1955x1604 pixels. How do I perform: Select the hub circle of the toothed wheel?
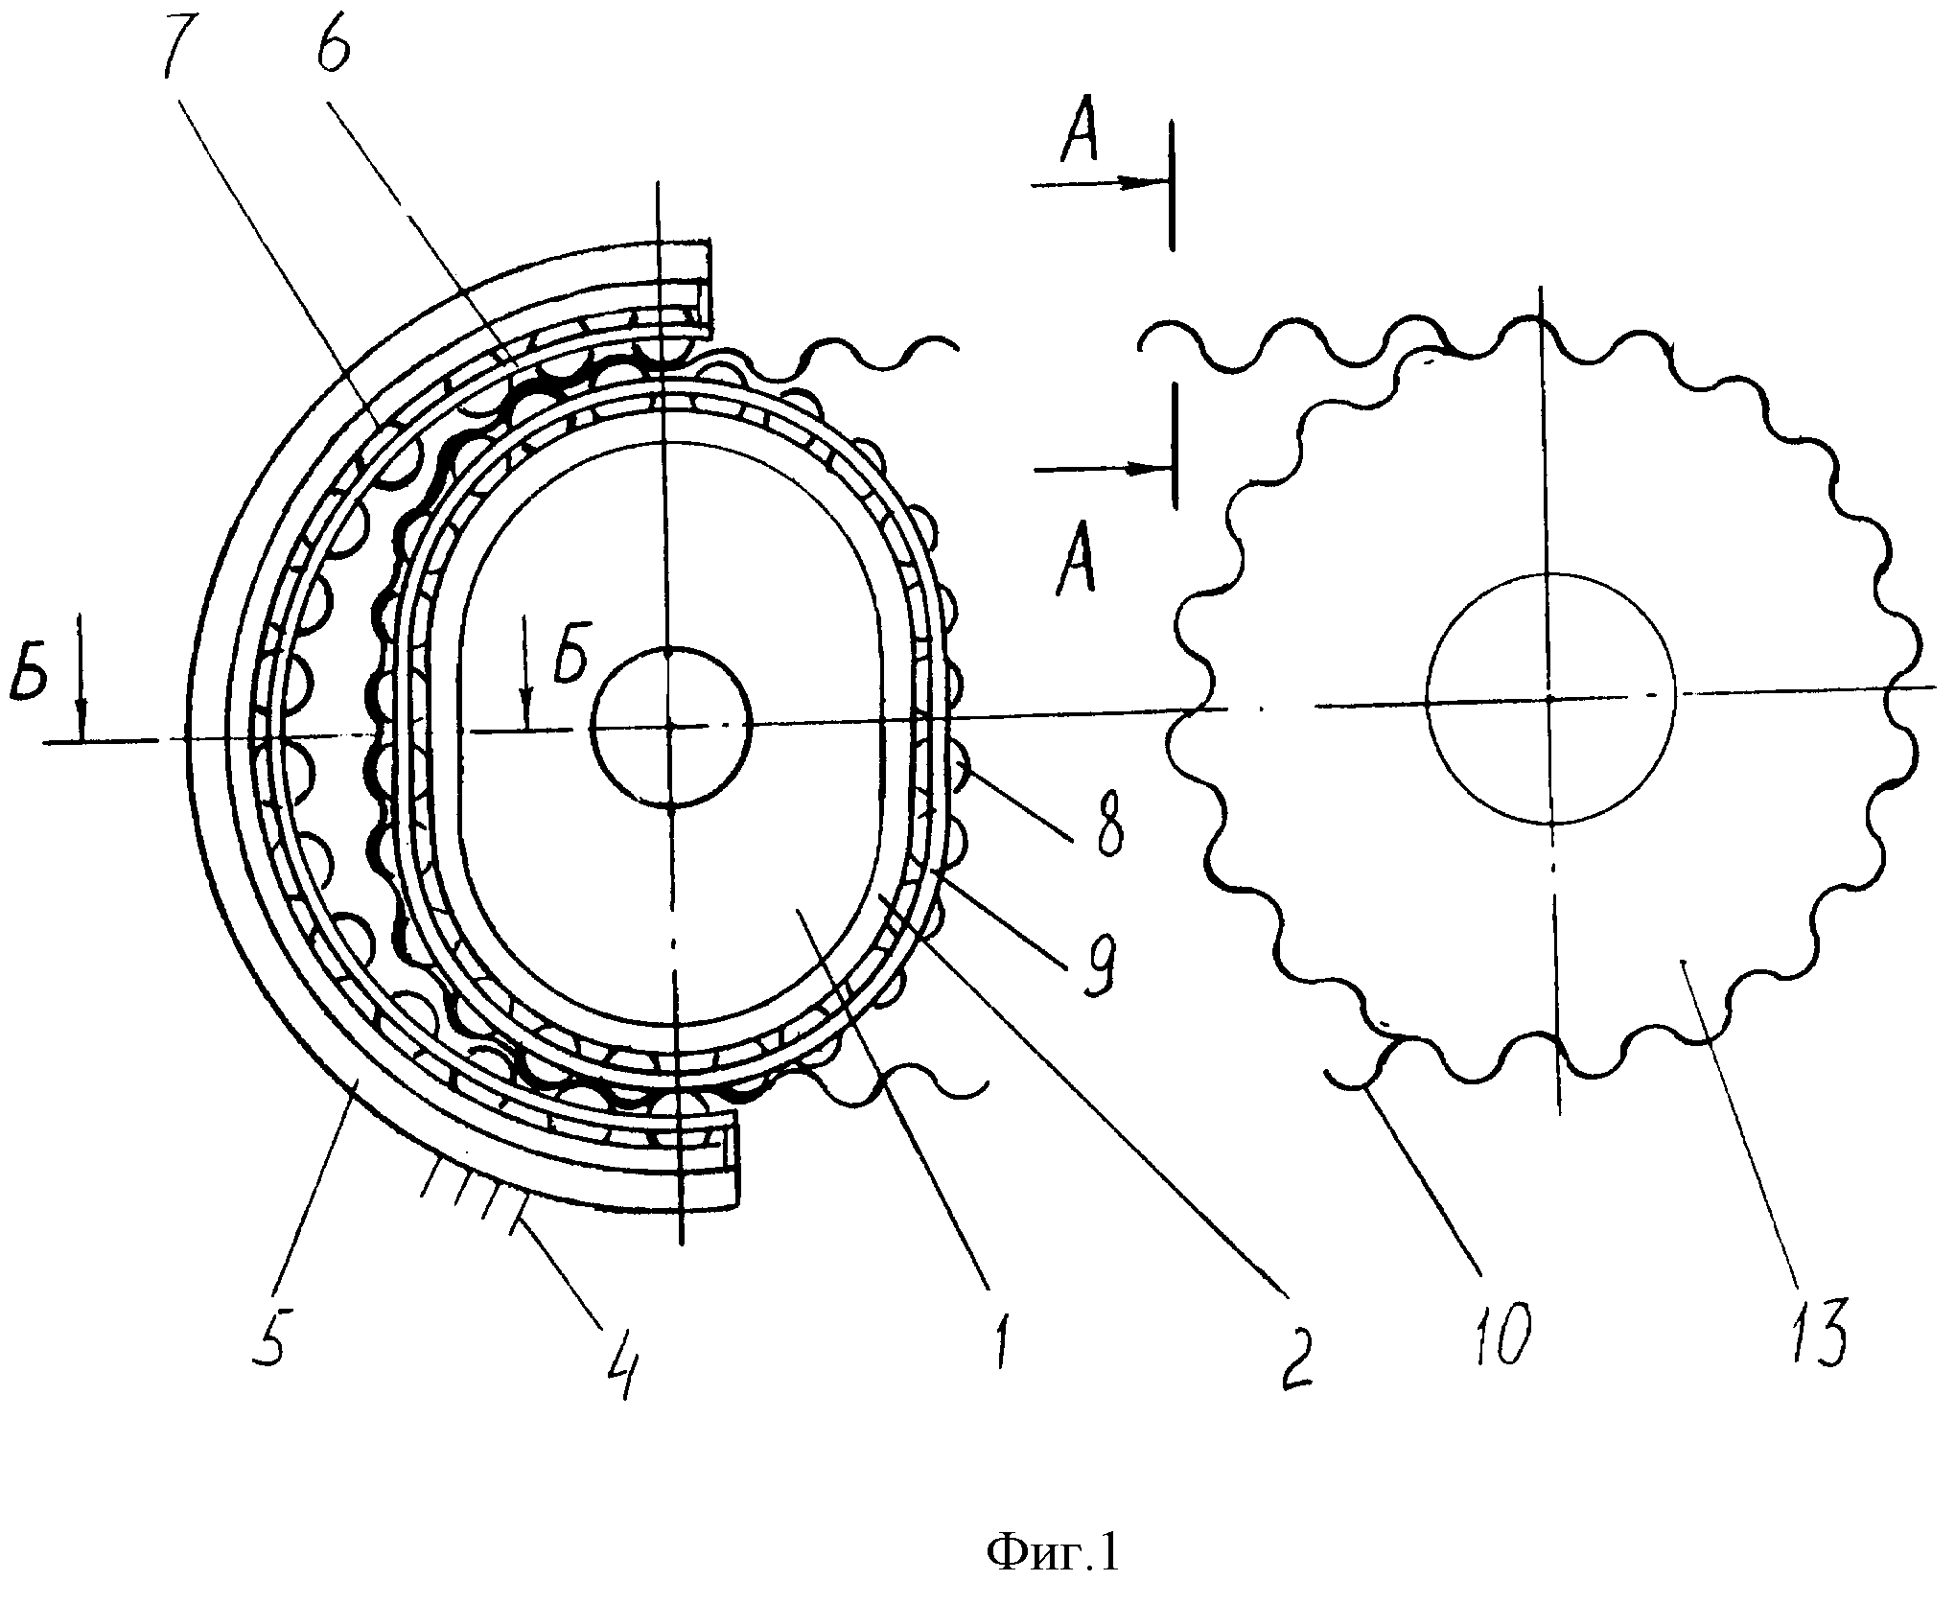pyautogui.click(x=1549, y=699)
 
